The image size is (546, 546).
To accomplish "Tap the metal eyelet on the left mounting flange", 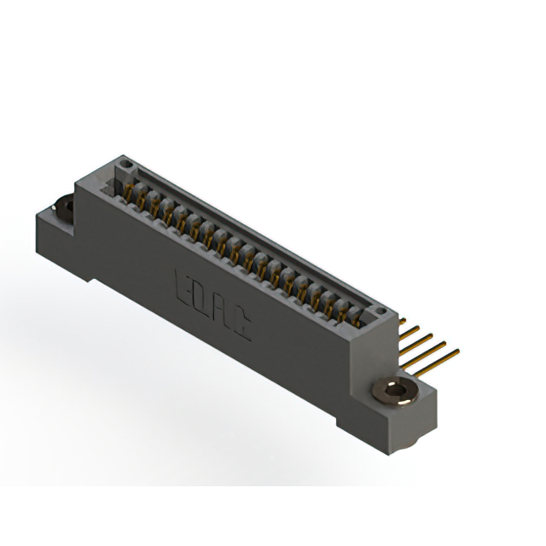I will [x=63, y=206].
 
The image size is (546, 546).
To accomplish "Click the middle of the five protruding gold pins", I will [x=418, y=337].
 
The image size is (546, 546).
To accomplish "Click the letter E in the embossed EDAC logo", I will [x=182, y=284].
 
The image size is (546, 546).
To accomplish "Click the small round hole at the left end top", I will [x=125, y=162].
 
